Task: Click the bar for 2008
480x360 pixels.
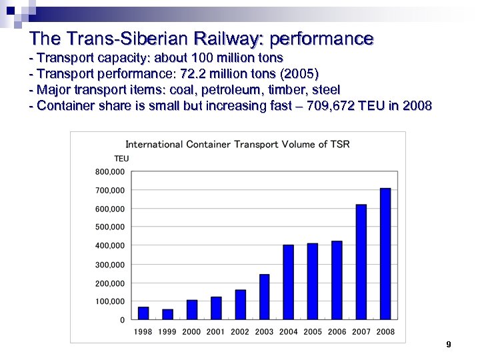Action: (x=385, y=254)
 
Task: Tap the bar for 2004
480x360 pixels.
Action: (x=289, y=282)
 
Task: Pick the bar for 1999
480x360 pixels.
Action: (x=168, y=314)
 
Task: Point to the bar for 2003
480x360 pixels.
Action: (x=265, y=297)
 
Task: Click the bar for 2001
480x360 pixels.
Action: (x=216, y=308)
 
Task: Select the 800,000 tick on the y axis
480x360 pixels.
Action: (x=109, y=172)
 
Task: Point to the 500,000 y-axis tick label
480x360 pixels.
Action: (x=109, y=227)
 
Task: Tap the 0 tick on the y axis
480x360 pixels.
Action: (x=122, y=320)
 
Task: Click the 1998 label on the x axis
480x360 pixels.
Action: (x=143, y=332)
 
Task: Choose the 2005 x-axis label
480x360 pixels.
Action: (x=313, y=332)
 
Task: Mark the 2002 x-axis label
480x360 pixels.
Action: (x=240, y=332)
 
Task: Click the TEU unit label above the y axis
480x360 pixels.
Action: (x=121, y=159)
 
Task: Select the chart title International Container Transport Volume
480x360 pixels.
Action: (x=237, y=144)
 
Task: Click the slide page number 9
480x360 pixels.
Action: (x=449, y=345)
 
